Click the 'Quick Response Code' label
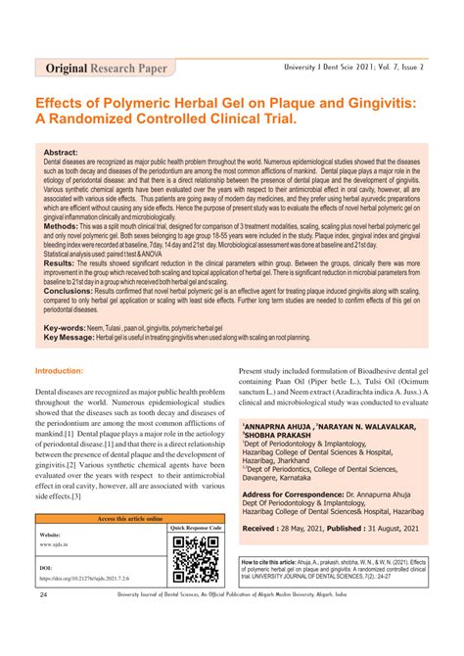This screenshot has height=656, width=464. (196, 528)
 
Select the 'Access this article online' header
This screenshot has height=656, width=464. (131, 518)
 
